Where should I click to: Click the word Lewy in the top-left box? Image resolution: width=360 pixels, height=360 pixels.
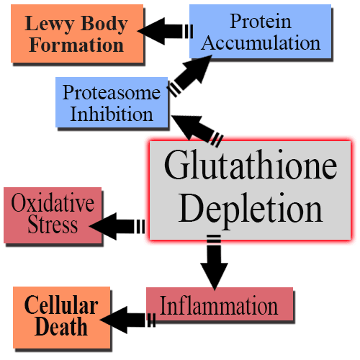(49, 24)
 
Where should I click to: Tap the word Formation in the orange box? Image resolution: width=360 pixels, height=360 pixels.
(76, 45)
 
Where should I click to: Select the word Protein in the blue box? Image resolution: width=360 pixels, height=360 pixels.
(261, 21)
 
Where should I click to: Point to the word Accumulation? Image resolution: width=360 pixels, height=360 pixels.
(261, 42)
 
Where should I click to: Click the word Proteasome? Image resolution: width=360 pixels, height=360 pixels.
(112, 93)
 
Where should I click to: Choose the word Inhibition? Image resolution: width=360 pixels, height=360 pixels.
(112, 114)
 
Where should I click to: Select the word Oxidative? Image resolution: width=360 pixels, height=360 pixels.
(53, 203)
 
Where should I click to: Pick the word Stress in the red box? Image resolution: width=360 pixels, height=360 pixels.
(53, 224)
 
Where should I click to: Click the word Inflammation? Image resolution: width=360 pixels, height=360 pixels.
(219, 305)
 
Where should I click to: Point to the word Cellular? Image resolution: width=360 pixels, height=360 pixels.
(61, 305)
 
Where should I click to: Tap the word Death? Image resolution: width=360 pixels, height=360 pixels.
(61, 326)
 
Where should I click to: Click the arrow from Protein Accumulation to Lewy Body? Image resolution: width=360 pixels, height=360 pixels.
(165, 31)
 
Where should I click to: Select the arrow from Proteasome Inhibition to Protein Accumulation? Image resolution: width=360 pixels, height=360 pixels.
(189, 76)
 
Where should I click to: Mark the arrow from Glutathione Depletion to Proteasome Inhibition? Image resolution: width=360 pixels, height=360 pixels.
(197, 131)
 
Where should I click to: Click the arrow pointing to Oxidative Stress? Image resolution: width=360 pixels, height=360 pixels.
(117, 226)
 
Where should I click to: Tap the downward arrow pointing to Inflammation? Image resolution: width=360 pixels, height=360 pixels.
(214, 263)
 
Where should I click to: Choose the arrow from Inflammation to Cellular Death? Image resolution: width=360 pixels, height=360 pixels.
(127, 320)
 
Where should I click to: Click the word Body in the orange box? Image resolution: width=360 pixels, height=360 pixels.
(104, 24)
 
